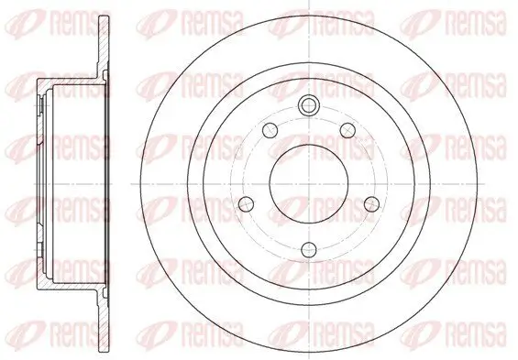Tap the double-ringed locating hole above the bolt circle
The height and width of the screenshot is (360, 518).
click(309, 105)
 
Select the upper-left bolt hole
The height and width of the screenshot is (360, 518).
click(270, 130)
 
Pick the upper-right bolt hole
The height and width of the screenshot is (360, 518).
click(347, 130)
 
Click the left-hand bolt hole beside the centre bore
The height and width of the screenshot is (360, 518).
click(246, 204)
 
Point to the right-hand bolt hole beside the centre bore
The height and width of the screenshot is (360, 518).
click(371, 204)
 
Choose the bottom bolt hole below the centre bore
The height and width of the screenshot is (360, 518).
click(309, 250)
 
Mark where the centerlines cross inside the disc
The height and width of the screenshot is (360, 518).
click(309, 184)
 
